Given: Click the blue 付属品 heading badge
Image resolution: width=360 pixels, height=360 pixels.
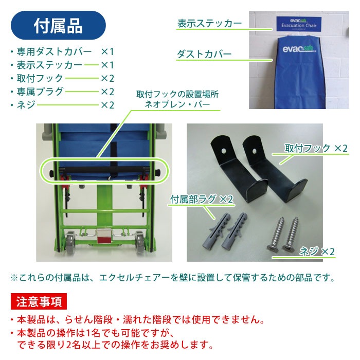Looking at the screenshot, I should pyautogui.click(x=58, y=26).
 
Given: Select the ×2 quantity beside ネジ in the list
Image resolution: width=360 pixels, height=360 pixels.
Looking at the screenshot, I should pyautogui.click(x=107, y=105).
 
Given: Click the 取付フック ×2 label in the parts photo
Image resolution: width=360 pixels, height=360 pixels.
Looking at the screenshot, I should pyautogui.click(x=316, y=148).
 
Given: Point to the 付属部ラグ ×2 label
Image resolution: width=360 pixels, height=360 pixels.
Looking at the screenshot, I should pyautogui.click(x=202, y=199).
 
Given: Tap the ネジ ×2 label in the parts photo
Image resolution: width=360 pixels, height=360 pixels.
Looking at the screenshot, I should pyautogui.click(x=317, y=251).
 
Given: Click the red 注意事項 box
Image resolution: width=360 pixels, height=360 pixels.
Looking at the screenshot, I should pyautogui.click(x=38, y=301).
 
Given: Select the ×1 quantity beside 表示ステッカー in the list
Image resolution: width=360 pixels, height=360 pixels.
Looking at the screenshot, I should pyautogui.click(x=107, y=65).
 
